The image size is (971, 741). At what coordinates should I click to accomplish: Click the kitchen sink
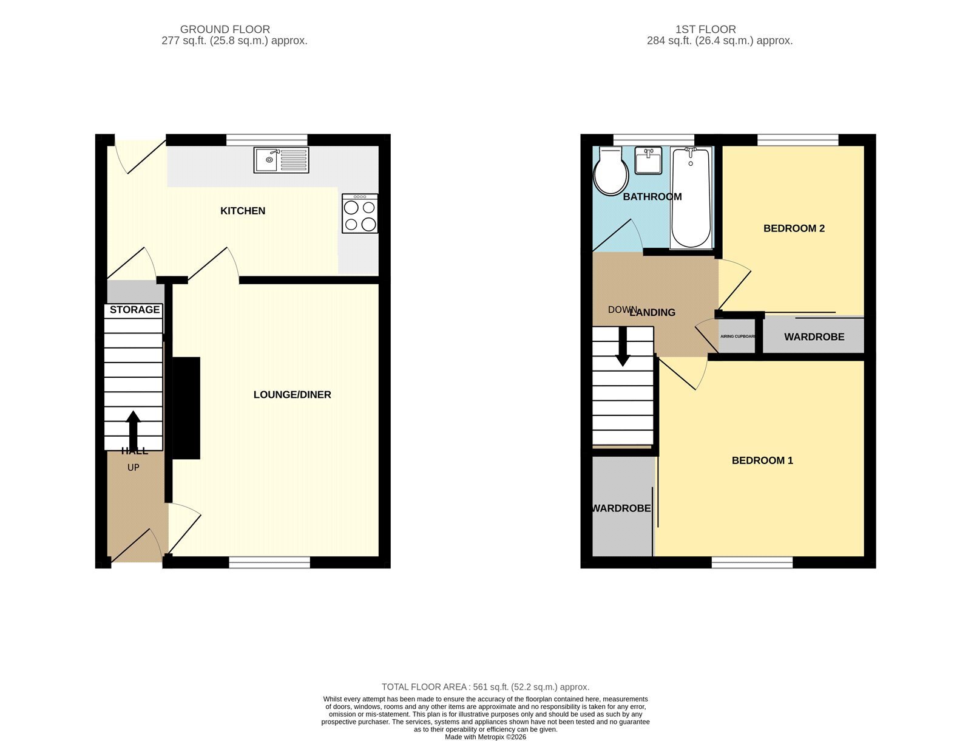click(282, 160)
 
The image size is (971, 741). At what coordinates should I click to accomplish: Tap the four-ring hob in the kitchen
click(360, 213)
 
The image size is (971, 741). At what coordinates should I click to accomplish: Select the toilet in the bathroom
click(611, 171)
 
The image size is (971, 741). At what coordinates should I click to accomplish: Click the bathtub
click(691, 197)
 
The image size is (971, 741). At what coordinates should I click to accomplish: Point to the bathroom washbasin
click(649, 160)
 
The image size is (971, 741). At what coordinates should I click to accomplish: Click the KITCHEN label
click(243, 211)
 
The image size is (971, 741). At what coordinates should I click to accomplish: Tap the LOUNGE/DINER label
click(292, 394)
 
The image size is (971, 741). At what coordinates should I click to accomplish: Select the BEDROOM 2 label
click(794, 228)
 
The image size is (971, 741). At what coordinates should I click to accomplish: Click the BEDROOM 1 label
click(762, 460)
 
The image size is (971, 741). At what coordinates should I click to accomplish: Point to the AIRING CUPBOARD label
click(737, 336)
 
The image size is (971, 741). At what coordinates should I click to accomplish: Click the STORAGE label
click(135, 309)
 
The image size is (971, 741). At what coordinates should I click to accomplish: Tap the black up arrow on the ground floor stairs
click(133, 431)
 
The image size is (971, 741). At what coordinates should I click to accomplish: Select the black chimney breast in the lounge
click(186, 408)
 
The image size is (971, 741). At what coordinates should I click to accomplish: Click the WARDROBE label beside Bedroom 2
click(814, 337)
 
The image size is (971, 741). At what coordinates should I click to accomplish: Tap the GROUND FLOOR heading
click(225, 29)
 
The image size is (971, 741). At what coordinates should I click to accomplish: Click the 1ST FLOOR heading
click(706, 29)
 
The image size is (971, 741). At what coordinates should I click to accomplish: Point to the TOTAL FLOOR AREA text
click(486, 687)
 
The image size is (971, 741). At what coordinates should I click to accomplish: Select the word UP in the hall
click(133, 468)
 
